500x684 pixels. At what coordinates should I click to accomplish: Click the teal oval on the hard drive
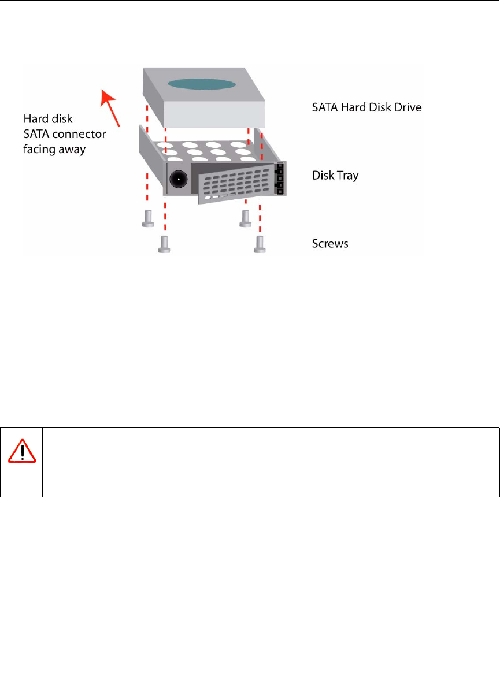[x=202, y=84]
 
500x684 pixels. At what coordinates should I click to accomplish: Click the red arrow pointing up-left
[x=111, y=108]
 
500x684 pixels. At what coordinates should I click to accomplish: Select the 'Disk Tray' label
[x=334, y=175]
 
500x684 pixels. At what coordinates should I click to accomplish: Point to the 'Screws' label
[x=330, y=243]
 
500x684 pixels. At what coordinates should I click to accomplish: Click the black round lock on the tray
[x=177, y=180]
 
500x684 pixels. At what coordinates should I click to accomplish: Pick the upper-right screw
[x=246, y=217]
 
